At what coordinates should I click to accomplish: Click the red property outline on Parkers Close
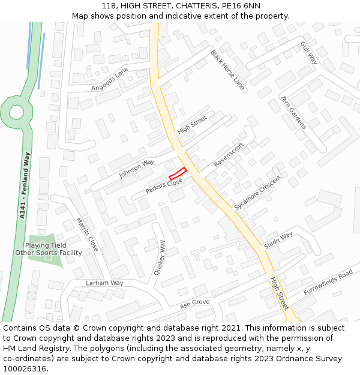click(x=178, y=174)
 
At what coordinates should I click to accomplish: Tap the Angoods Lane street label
click(x=110, y=79)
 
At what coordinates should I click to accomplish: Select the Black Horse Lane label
click(x=227, y=70)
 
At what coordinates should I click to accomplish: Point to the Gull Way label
click(x=309, y=53)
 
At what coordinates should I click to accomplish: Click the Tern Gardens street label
click(x=293, y=112)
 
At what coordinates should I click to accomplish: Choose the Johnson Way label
click(x=136, y=169)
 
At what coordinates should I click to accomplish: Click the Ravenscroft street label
click(x=229, y=155)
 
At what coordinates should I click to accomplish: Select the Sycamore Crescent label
click(x=257, y=193)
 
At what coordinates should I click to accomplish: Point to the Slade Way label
click(x=278, y=240)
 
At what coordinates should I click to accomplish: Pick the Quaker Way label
click(x=159, y=257)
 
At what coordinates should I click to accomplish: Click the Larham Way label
click(x=104, y=283)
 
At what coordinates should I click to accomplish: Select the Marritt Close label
click(x=87, y=234)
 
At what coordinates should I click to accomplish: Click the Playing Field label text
click(x=46, y=245)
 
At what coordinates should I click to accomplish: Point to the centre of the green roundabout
click(x=16, y=112)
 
